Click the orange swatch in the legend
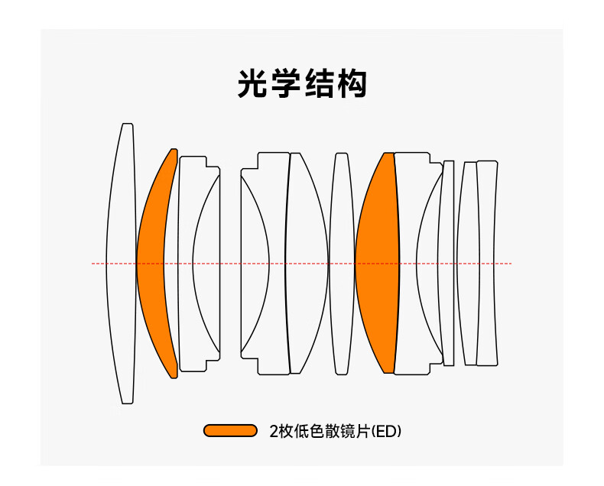tap(230, 431)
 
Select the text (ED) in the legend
tap(386, 431)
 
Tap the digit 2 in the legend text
tap(274, 431)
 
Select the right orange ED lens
tap(377, 264)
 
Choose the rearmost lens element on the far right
tap(486, 264)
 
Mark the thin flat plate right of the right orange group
tap(449, 264)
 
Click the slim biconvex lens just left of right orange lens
tap(341, 264)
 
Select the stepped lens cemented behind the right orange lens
tap(408, 264)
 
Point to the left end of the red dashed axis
tap(93, 264)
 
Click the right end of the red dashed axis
tap(511, 264)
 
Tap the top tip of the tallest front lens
tap(128, 125)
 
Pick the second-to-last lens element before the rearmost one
tap(467, 264)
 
